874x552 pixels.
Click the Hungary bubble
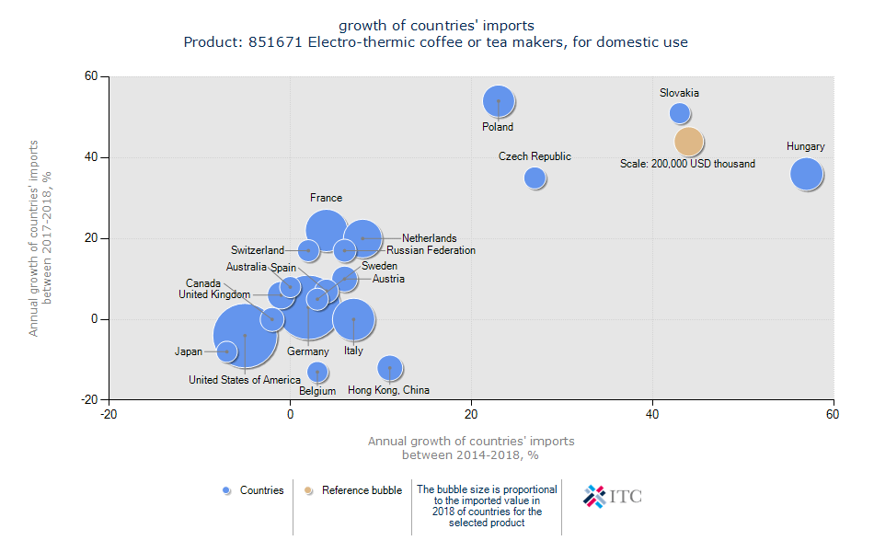click(x=806, y=174)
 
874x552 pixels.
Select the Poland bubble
click(x=498, y=102)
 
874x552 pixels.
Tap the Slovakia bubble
click(x=680, y=113)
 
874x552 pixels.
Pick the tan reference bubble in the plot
click(x=689, y=142)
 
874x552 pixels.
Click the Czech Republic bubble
click(x=535, y=178)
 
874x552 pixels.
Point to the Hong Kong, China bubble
click(x=390, y=368)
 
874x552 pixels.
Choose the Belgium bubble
click(x=317, y=372)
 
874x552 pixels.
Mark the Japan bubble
click(x=226, y=351)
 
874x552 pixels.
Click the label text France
click(x=326, y=198)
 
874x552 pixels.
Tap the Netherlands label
click(x=429, y=238)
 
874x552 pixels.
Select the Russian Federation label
click(x=431, y=250)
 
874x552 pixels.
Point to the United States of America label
click(x=245, y=380)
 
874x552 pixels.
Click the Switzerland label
click(x=258, y=250)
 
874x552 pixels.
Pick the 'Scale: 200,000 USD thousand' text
click(x=687, y=164)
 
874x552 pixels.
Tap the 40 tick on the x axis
click(x=653, y=415)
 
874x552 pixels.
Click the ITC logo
click(x=613, y=496)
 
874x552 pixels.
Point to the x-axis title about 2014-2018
click(x=471, y=448)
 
